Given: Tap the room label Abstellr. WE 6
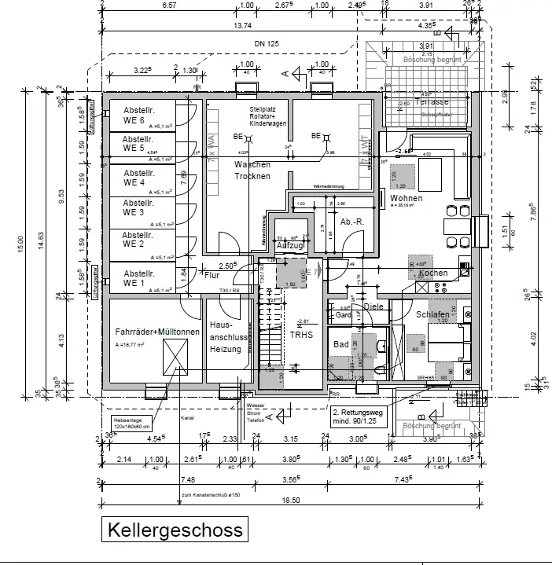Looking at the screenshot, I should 134,115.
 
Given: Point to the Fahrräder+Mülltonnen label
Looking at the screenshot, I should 157,332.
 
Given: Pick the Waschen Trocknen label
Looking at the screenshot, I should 252,170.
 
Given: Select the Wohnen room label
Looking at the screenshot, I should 406,199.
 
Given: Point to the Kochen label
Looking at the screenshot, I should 433,273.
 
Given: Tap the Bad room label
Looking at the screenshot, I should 340,344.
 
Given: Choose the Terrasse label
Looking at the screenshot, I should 432,102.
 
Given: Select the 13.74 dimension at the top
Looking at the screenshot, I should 237,26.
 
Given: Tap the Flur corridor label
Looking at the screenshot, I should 211,276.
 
